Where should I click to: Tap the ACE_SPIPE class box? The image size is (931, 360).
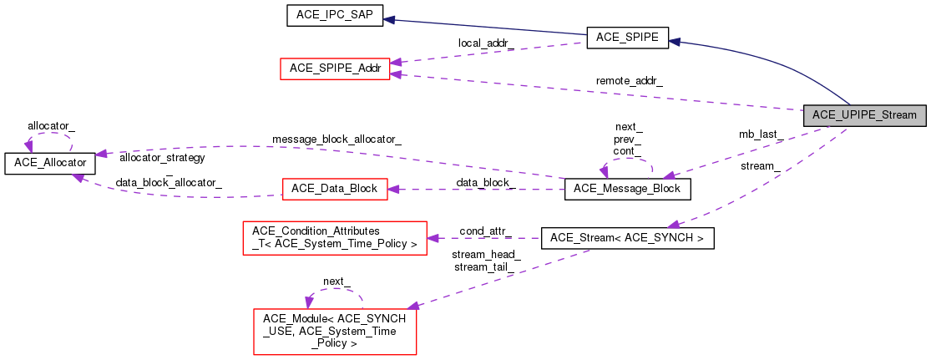[x=627, y=37]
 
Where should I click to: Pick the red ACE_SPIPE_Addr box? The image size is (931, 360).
[x=335, y=68]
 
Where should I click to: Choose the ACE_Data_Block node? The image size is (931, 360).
[x=335, y=189]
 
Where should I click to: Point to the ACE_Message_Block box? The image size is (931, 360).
[x=627, y=189]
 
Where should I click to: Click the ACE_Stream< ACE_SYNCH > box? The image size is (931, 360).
[x=627, y=239]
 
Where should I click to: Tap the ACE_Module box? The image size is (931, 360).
[x=334, y=332]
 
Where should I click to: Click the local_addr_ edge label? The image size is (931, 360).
[x=486, y=42]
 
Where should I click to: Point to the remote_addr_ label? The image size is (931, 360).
[x=629, y=81]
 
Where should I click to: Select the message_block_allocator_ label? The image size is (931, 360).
[x=336, y=139]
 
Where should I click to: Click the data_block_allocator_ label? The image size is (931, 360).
[x=169, y=182]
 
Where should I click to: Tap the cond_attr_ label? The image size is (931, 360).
[x=485, y=231]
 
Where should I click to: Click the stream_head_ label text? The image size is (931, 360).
[x=486, y=254]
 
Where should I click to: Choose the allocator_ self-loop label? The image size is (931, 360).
[x=51, y=125]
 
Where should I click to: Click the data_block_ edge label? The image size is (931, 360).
[x=485, y=182]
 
